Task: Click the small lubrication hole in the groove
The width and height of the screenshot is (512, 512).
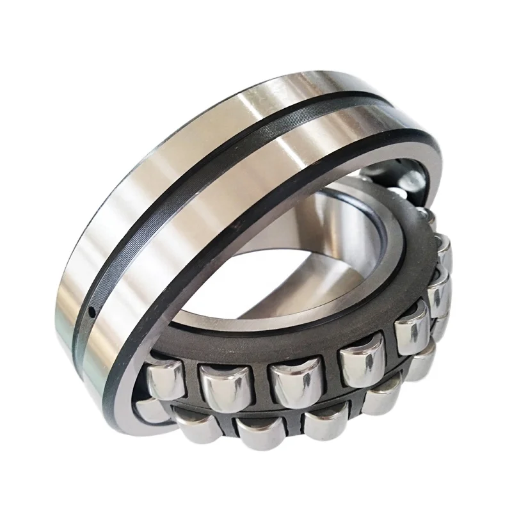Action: tap(92, 312)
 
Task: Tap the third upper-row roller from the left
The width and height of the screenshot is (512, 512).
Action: tap(289, 384)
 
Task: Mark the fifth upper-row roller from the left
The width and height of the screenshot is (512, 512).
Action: tap(412, 333)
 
